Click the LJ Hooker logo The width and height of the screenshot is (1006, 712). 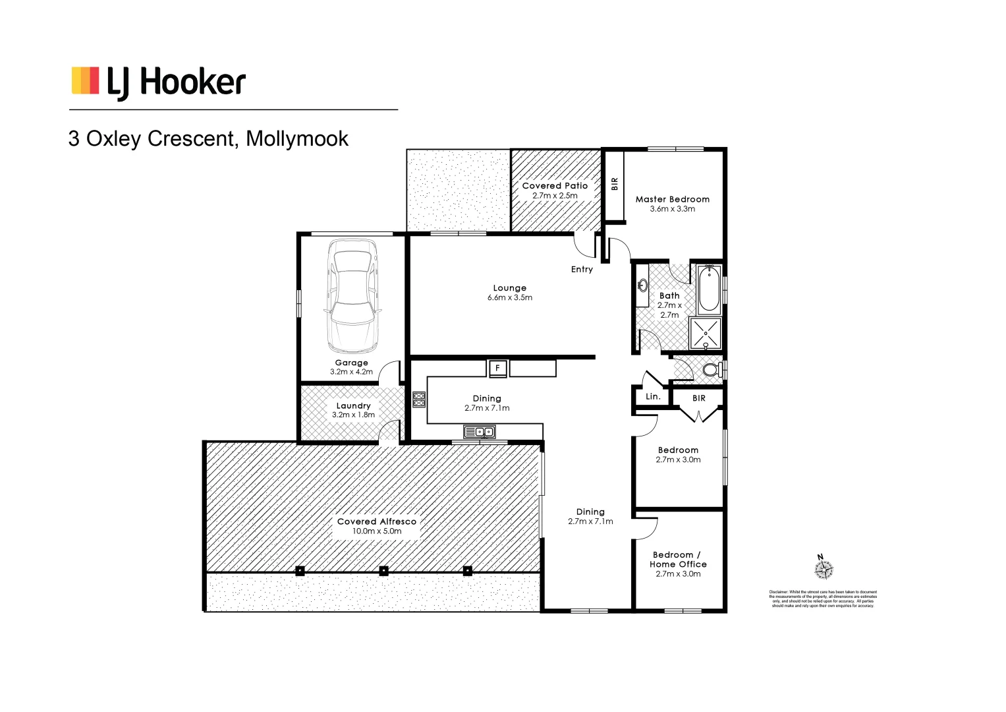click(158, 82)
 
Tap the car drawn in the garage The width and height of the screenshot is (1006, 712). click(352, 296)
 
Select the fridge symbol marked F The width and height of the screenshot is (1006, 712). click(497, 368)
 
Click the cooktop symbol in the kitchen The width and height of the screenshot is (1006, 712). click(419, 400)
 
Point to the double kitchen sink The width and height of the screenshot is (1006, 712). click(480, 432)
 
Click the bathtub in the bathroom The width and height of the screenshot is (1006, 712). click(709, 288)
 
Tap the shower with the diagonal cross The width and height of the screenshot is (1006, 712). click(706, 334)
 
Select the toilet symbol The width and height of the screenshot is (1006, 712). click(712, 370)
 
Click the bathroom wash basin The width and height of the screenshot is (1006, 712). click(643, 285)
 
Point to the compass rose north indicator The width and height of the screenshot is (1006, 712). click(824, 568)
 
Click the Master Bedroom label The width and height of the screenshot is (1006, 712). click(672, 199)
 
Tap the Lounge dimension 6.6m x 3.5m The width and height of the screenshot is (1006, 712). click(510, 298)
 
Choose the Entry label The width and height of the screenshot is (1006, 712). click(582, 270)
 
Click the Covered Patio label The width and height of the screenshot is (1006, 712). click(555, 186)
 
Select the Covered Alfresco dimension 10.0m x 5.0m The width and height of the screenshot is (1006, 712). click(376, 531)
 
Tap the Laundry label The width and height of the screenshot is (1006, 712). click(353, 406)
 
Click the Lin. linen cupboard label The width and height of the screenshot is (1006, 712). click(653, 397)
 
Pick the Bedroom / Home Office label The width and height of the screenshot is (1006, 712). click(678, 560)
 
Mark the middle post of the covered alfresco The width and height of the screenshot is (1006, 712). click(383, 571)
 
